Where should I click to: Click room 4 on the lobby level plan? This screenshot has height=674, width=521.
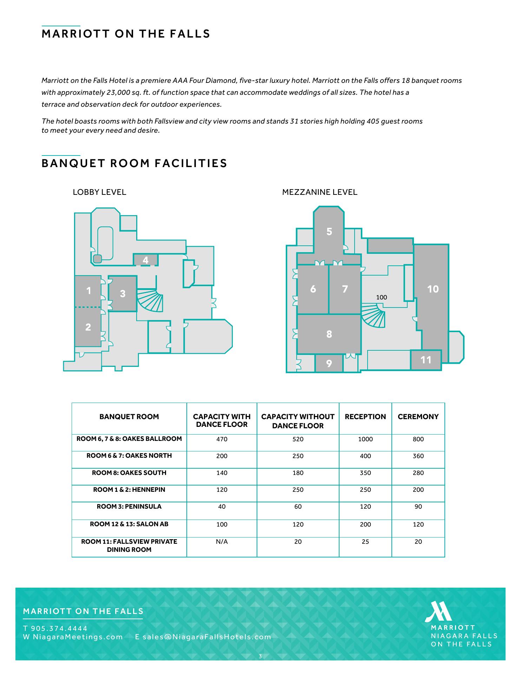pyautogui.click(x=145, y=260)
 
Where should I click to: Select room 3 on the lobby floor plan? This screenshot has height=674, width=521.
pyautogui.click(x=123, y=293)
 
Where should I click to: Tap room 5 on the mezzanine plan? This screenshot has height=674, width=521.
pyautogui.click(x=329, y=232)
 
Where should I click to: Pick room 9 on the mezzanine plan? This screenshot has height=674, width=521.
pyautogui.click(x=329, y=363)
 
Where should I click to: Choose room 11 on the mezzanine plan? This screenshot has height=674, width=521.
pyautogui.click(x=426, y=360)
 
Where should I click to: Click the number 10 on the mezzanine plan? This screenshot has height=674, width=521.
pyautogui.click(x=433, y=289)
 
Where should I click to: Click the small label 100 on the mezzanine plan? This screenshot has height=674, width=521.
pyautogui.click(x=381, y=297)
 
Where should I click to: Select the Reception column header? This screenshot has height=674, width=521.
pyautogui.click(x=365, y=417)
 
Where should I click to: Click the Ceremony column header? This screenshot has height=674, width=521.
pyautogui.click(x=418, y=417)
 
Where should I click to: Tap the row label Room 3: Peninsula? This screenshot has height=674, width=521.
pyautogui.click(x=129, y=507)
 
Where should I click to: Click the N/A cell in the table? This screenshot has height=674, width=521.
pyautogui.click(x=222, y=542)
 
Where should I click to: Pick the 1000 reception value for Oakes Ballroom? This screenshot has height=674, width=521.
pyautogui.click(x=365, y=439)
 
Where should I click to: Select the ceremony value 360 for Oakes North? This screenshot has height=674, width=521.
pyautogui.click(x=418, y=456)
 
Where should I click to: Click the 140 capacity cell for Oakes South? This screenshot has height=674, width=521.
pyautogui.click(x=222, y=473)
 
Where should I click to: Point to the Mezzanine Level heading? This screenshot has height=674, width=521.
pyautogui.click(x=319, y=192)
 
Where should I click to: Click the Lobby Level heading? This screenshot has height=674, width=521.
pyautogui.click(x=99, y=192)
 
